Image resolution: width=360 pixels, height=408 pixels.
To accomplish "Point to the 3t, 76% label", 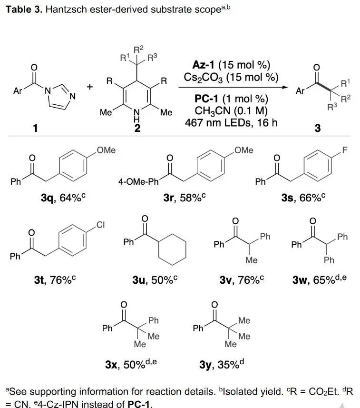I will tap(55, 280).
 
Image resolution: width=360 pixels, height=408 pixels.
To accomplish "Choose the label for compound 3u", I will tap(155, 280).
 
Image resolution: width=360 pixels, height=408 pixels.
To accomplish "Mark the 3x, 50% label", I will tap(131, 365).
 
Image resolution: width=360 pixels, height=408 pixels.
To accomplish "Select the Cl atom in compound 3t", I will tap(101, 225).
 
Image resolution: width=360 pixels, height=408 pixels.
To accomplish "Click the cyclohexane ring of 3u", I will tap(172, 250).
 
